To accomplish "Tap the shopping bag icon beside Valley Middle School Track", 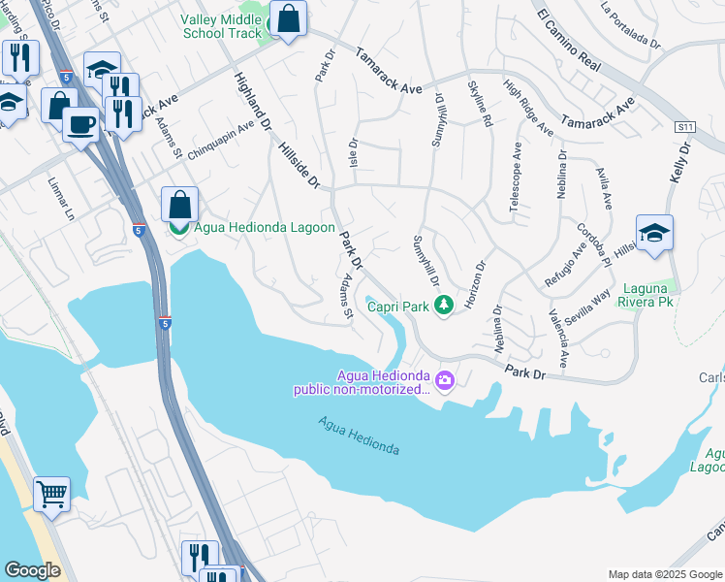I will tap(288, 18).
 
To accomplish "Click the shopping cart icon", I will tap(51, 493).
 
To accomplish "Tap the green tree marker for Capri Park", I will tap(444, 306).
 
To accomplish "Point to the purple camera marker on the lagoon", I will tap(445, 379).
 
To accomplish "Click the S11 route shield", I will tap(686, 127).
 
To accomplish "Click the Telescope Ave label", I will tap(515, 185).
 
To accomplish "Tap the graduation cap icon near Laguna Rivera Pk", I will tap(654, 233).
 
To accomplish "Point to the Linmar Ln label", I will tap(61, 198).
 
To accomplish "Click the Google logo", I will tap(32, 570).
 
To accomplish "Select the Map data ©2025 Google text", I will tap(664, 574).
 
